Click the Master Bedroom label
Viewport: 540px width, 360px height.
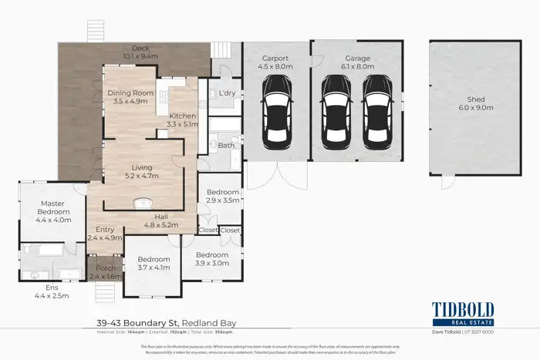tap(51, 211)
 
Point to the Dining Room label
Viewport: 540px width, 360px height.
tap(130, 97)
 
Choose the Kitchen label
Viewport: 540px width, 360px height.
tap(182, 119)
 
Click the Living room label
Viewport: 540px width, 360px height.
tap(141, 171)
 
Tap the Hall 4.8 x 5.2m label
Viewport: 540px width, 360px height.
tap(162, 221)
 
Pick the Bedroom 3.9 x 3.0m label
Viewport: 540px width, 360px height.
tap(211, 259)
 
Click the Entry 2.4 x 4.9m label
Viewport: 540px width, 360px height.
tap(104, 234)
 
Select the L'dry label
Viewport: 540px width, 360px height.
tap(226, 93)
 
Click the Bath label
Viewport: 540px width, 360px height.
tap(226, 145)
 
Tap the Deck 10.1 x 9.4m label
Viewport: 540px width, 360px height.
tap(140, 52)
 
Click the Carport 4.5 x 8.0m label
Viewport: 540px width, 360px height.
tap(276, 62)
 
